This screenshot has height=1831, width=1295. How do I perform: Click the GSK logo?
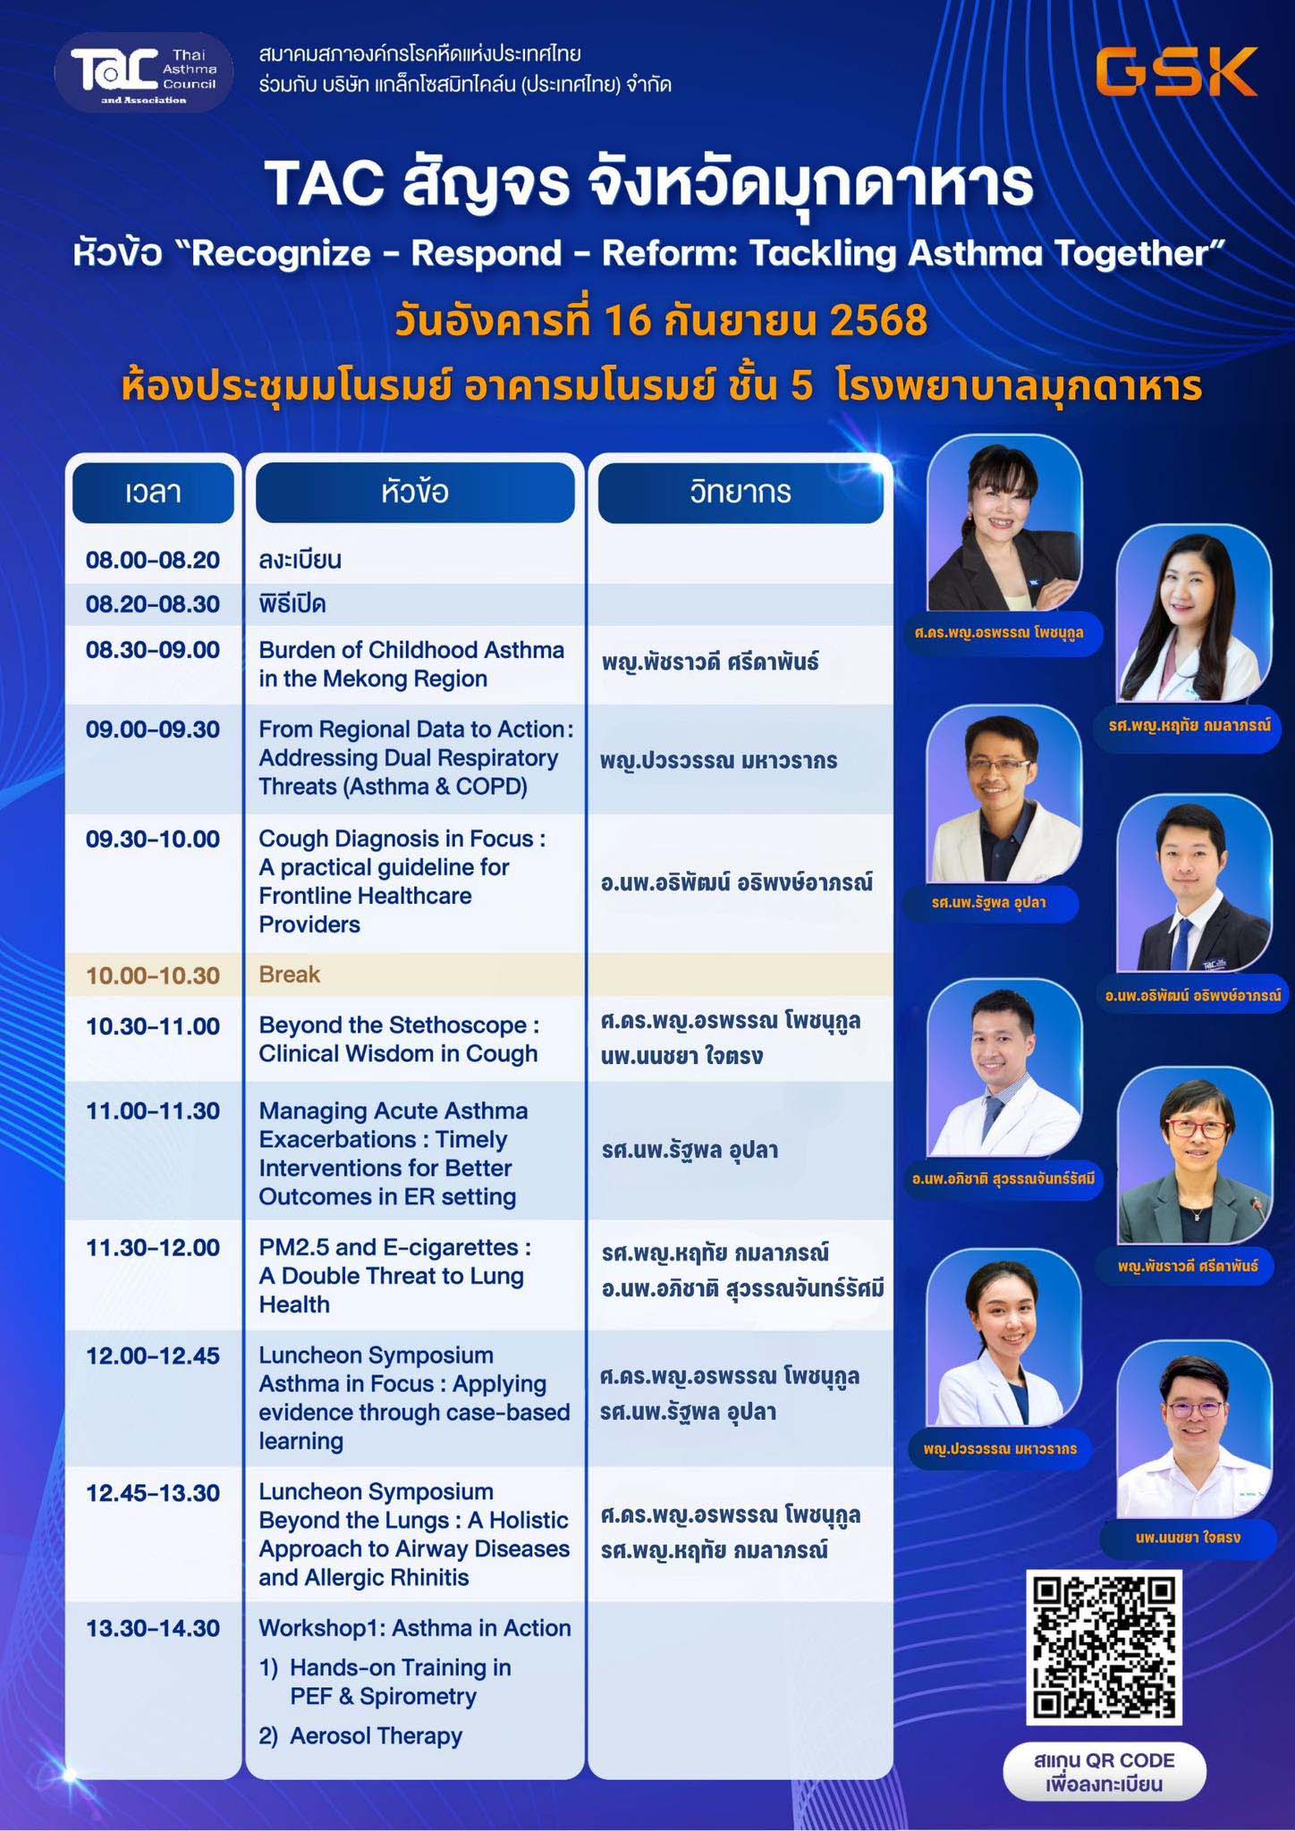click(1176, 72)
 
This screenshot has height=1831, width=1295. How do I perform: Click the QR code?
click(1104, 1646)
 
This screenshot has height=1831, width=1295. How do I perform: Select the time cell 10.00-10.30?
click(153, 975)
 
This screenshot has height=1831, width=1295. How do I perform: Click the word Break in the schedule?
click(289, 974)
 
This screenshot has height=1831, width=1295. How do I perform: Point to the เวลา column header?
click(153, 492)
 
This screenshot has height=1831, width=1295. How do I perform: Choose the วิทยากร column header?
click(741, 492)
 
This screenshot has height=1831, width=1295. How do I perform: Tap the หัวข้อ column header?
click(415, 492)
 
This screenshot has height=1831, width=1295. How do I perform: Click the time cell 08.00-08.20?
click(153, 561)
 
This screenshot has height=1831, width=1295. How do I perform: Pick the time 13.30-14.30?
click(153, 1628)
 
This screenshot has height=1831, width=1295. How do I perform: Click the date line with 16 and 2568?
click(661, 321)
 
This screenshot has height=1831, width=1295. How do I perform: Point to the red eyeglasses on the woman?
click(1195, 1128)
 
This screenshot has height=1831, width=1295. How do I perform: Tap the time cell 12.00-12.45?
click(153, 1355)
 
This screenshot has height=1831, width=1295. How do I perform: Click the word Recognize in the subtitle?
click(281, 254)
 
